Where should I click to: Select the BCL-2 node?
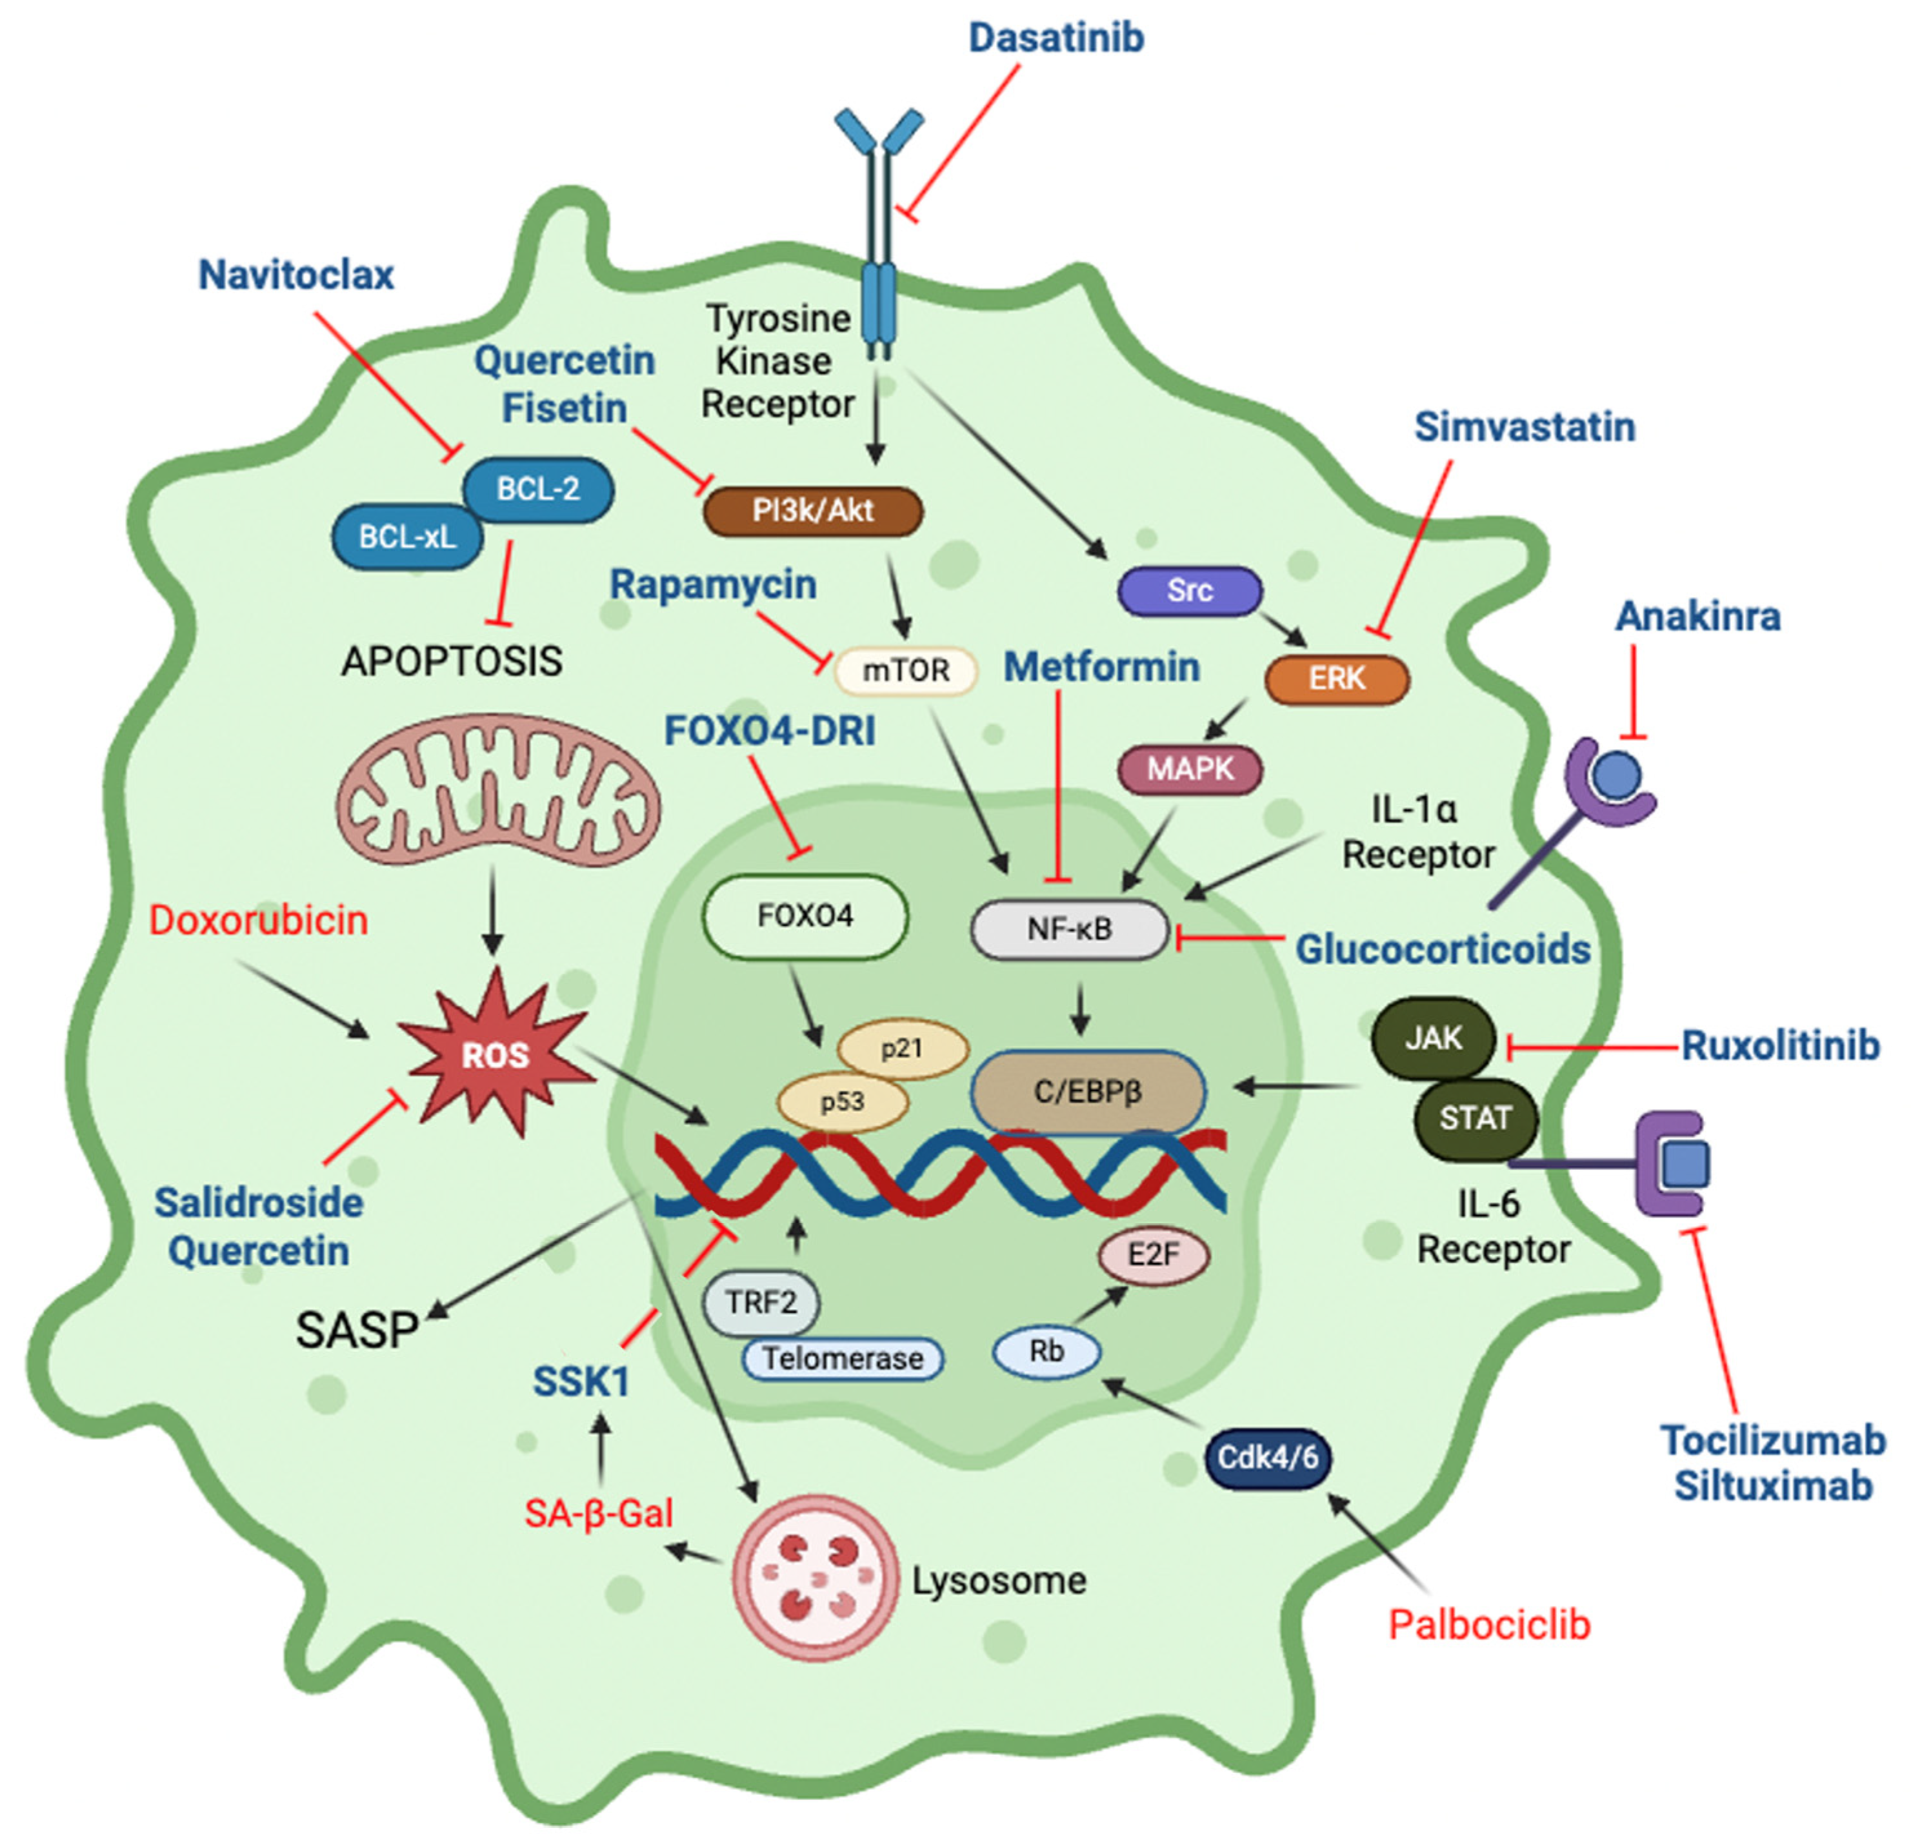tap(537, 489)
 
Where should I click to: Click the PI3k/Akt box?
tap(812, 511)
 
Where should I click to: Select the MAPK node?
tap(1190, 770)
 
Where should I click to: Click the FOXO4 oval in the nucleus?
tap(805, 916)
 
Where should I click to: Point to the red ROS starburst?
tap(495, 1054)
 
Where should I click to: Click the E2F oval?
tap(1154, 1256)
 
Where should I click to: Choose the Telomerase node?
tap(843, 1359)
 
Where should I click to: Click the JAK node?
tap(1434, 1039)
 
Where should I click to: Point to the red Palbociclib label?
tap(1489, 1625)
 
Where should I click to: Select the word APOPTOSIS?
tap(452, 662)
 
